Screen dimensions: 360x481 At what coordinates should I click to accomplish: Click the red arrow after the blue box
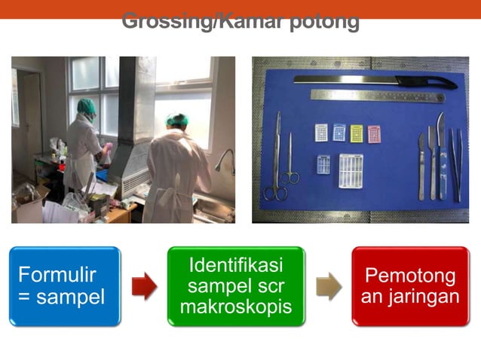tap(144, 286)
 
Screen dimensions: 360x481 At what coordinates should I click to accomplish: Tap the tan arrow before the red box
tap(328, 286)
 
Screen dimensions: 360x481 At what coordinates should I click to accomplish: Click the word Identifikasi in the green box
tap(235, 265)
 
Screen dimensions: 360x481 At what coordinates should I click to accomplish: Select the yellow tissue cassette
tap(357, 133)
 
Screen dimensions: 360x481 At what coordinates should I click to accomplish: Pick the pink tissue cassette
tap(374, 133)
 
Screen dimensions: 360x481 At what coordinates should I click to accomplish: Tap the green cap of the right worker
tap(178, 120)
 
